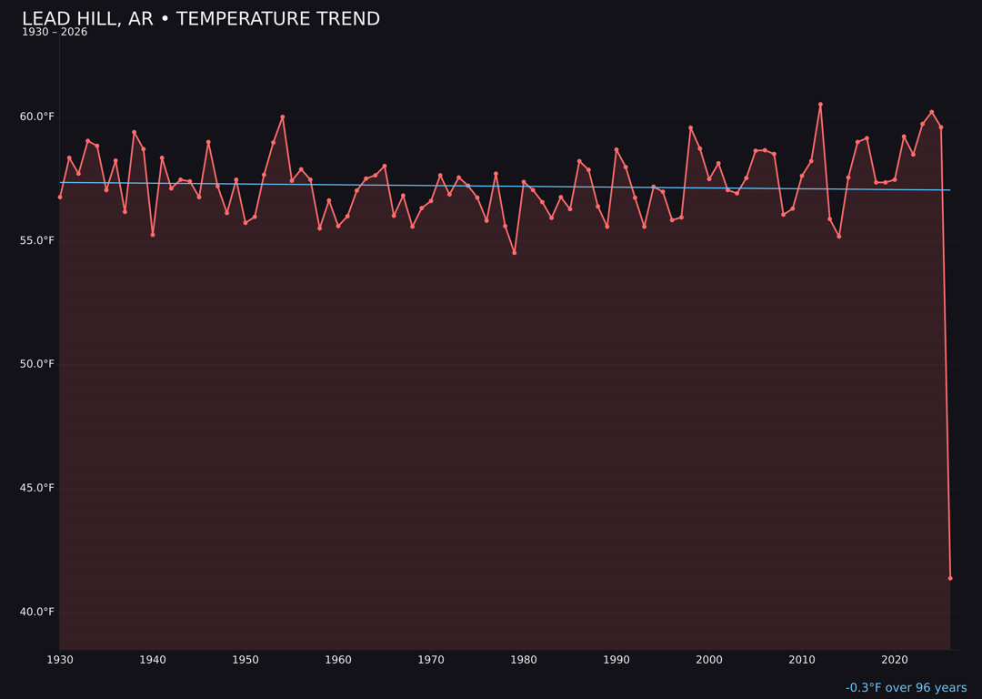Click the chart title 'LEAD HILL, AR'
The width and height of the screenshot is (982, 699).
[x=201, y=19]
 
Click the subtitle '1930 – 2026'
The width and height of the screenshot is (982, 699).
[x=55, y=33]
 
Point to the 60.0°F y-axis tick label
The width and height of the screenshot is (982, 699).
[x=37, y=116]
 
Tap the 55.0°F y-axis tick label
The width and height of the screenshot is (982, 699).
[x=37, y=240]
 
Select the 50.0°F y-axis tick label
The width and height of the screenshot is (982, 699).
[x=37, y=364]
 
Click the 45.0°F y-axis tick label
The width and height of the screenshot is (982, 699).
[x=37, y=488]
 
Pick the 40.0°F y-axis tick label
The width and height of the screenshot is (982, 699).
[x=37, y=612]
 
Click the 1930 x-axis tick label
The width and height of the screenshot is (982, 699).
[x=60, y=660]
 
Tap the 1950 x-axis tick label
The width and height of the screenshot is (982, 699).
[x=245, y=660]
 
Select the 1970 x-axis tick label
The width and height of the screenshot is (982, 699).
[x=431, y=660]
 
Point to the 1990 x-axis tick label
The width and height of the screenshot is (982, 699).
[x=616, y=660]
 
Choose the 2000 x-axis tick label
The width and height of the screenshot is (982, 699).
[x=709, y=660]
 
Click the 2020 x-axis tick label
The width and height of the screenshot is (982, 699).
[x=895, y=660]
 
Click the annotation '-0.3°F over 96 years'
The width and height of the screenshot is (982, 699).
[x=906, y=688]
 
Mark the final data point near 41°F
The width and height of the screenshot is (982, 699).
[x=950, y=578]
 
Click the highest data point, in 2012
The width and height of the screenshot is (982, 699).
[x=820, y=105]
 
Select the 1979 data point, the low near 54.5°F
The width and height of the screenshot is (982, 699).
[x=515, y=253]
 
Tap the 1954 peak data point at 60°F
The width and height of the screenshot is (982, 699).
[x=283, y=116]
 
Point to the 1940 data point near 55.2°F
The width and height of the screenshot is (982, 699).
[x=153, y=235]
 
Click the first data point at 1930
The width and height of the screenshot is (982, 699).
[x=60, y=197]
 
